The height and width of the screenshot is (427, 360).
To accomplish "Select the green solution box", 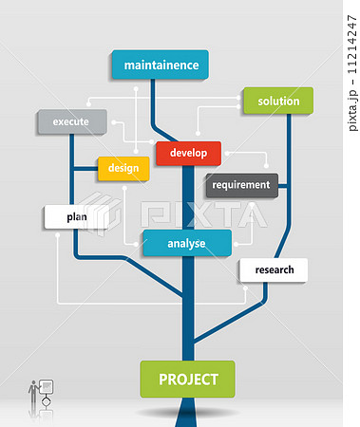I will [x=277, y=102].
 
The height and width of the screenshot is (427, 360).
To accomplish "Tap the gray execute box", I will [x=71, y=122].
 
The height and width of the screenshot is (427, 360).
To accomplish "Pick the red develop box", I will [x=188, y=153].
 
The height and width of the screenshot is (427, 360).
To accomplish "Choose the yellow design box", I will [x=123, y=169].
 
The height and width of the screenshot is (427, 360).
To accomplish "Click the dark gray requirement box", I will [x=241, y=185].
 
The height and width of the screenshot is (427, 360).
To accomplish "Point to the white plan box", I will [x=77, y=217].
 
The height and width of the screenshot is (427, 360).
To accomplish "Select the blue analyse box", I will [x=186, y=244].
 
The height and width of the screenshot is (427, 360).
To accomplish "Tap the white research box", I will [x=274, y=270].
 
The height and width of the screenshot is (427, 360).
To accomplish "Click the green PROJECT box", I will [x=187, y=380].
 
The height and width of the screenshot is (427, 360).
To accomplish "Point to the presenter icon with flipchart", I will [x=41, y=394].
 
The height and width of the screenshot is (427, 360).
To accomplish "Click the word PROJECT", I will [x=187, y=380].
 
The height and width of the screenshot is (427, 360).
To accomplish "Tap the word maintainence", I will [x=161, y=65].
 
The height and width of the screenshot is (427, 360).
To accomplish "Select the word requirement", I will [x=241, y=185].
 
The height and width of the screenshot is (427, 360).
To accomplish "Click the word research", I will [x=275, y=270].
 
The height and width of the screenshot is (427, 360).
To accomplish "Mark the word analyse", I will [x=186, y=244].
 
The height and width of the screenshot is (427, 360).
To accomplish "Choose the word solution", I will [x=278, y=102].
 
